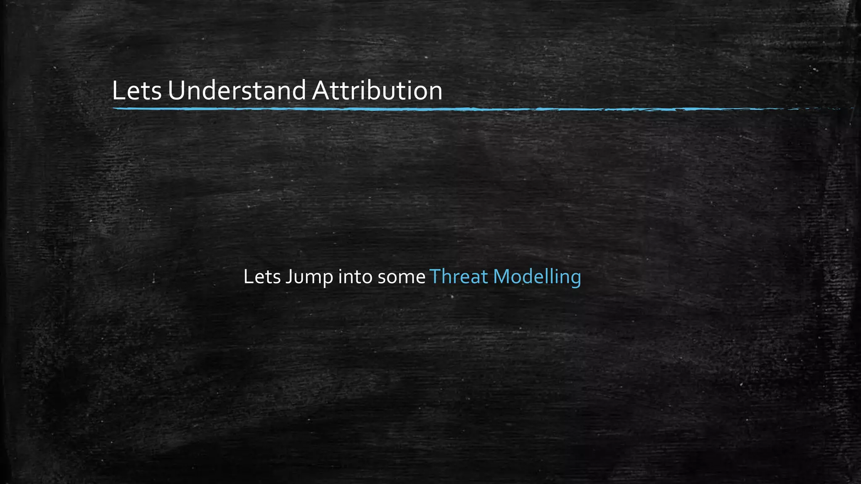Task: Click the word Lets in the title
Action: pyautogui.click(x=137, y=91)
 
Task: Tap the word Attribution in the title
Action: pyautogui.click(x=377, y=91)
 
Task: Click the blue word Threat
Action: pyautogui.click(x=459, y=277)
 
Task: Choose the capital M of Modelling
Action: pyautogui.click(x=502, y=277)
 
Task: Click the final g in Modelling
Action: pyautogui.click(x=576, y=280)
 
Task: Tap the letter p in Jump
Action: pyautogui.click(x=327, y=280)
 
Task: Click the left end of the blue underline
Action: pyautogui.click(x=114, y=109)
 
